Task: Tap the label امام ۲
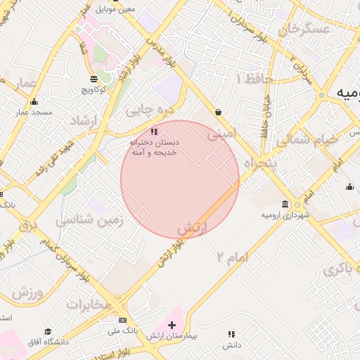coord(233,257)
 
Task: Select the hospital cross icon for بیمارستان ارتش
coord(172,325)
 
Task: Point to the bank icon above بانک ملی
coord(123,320)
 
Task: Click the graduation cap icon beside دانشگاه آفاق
coord(48,331)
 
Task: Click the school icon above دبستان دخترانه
coord(155,131)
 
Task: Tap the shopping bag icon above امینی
coord(219,112)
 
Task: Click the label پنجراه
coord(257,163)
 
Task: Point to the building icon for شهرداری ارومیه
coord(285,203)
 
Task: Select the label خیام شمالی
coord(306,139)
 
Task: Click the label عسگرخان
coord(304,30)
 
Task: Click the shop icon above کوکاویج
coord(94,78)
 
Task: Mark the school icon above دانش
coord(231,334)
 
